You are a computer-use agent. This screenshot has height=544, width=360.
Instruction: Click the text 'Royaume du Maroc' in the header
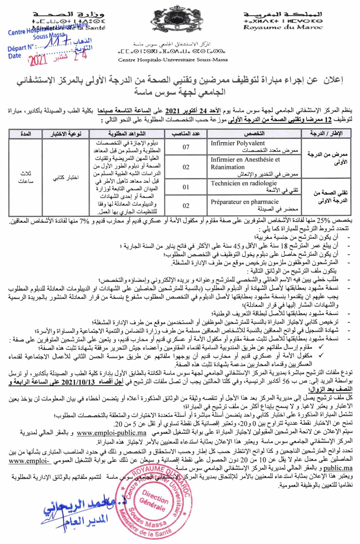(283, 27)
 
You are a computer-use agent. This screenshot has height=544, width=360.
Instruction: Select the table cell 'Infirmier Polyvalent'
(238, 143)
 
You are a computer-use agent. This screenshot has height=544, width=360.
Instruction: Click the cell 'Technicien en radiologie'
(244, 183)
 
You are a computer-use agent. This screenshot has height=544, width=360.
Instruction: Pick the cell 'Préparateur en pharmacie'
(244, 202)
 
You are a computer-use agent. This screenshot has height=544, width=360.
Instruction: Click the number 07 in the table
(186, 147)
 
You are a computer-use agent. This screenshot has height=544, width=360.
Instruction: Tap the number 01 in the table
(186, 187)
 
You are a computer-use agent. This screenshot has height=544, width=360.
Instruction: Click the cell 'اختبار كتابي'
(66, 178)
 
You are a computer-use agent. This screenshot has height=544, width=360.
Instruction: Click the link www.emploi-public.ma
(112, 433)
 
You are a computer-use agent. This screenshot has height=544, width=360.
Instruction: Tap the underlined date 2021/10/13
(79, 382)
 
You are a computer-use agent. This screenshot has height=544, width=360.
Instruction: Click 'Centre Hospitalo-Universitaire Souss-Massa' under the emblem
(173, 60)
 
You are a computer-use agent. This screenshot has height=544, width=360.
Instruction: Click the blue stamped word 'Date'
(15, 56)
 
